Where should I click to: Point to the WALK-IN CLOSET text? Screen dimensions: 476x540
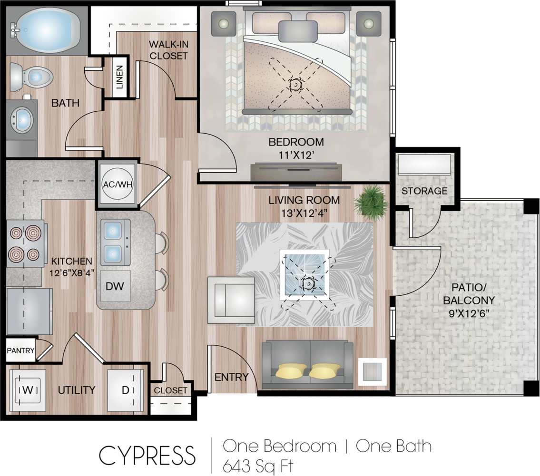(x=168, y=50)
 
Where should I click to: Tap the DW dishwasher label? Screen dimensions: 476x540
(x=114, y=286)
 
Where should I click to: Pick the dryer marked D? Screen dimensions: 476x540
(x=125, y=390)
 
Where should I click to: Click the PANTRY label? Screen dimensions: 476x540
(x=20, y=351)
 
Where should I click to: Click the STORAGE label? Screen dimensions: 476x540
(x=424, y=191)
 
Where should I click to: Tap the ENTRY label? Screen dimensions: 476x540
(x=231, y=377)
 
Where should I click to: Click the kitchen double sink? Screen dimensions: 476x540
(x=114, y=242)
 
